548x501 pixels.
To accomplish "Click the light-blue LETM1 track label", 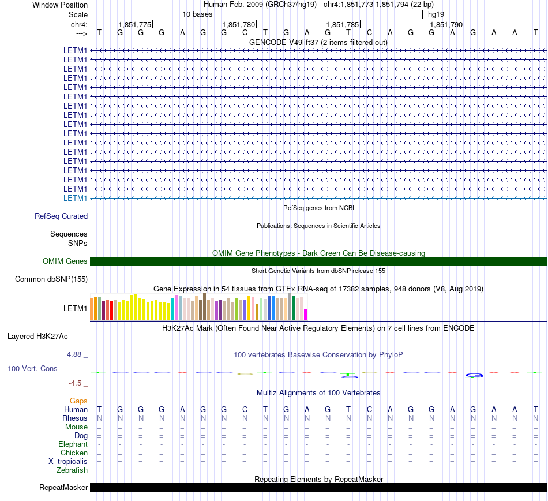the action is [75, 198].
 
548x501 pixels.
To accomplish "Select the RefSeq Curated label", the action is [61, 216].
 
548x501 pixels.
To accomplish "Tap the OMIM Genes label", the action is [65, 261].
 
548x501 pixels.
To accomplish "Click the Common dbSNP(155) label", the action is [51, 279].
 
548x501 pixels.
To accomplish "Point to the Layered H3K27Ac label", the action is [37, 337].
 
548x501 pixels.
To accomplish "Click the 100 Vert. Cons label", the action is [32, 368].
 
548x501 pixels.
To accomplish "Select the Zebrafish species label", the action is [72, 470].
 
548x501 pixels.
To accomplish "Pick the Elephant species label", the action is [73, 444].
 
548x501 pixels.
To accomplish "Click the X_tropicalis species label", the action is [68, 462].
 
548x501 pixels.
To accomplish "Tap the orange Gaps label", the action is [78, 401].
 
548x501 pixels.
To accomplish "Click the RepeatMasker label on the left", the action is [63, 487].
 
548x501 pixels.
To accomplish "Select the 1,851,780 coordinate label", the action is [239, 24].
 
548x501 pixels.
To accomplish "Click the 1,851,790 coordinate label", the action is [446, 24].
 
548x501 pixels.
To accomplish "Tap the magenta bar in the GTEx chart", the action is [306, 315].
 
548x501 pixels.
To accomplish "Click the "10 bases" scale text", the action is [197, 14].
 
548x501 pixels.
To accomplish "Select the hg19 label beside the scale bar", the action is [436, 14].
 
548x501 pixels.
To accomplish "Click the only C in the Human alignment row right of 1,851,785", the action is [369, 409].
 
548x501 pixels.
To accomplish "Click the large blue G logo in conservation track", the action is [474, 376].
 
